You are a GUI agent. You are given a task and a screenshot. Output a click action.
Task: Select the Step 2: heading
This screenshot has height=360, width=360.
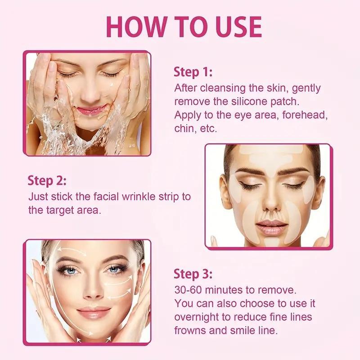pyautogui.click(x=47, y=181)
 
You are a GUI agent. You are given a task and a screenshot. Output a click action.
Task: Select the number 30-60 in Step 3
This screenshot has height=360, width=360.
pyautogui.click(x=189, y=288)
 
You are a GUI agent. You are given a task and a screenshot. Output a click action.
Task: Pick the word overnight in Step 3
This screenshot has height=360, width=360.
pyautogui.click(x=197, y=317)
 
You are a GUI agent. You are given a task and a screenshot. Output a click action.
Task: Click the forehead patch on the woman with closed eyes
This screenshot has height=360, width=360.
pyautogui.click(x=270, y=157)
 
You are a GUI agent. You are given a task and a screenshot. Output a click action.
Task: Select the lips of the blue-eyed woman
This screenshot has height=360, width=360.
pyautogui.click(x=93, y=312)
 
